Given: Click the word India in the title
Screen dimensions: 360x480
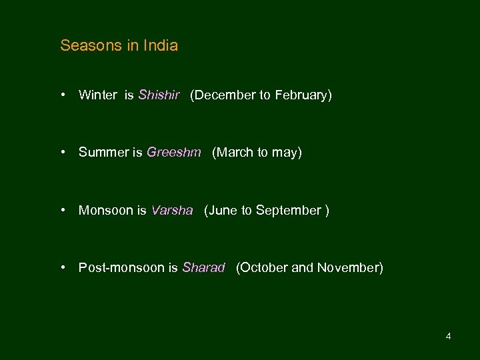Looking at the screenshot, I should coord(161,46).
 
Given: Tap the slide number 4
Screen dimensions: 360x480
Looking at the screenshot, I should coord(448,336).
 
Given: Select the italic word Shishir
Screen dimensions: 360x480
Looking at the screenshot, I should coord(159,95).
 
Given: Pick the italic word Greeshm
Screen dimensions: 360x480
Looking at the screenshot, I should coord(173,153).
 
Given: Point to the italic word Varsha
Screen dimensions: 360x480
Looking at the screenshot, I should coord(171,211).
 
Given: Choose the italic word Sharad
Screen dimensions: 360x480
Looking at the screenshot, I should coord(203,268).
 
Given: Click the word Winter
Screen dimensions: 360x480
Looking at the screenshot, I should coord(97,95).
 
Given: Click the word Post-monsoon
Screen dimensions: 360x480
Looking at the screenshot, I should coord(121,268).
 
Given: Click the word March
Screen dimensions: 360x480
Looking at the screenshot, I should coord(233,153).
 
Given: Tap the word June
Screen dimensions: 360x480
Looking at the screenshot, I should coord(223,211).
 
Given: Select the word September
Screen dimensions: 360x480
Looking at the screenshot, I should coord(288,211).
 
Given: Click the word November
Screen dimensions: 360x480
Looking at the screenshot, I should coord(349,268).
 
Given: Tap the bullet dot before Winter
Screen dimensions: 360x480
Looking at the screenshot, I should coord(62,95).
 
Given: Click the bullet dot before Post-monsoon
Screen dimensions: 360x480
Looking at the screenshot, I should coord(62,267).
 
